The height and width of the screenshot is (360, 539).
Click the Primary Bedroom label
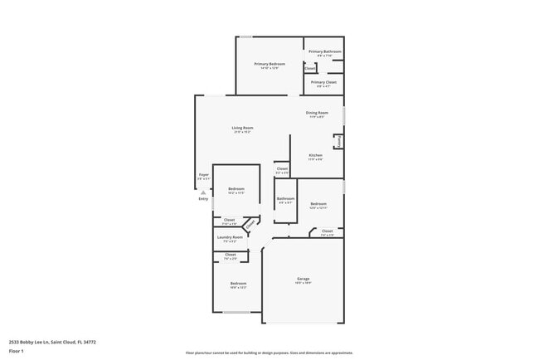click(269, 65)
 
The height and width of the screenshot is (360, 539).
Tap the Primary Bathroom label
click(324, 52)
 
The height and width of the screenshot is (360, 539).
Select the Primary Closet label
click(323, 82)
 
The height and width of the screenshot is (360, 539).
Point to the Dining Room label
click(317, 113)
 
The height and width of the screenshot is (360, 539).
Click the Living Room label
click(242, 128)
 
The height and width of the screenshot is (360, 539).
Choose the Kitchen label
click(315, 156)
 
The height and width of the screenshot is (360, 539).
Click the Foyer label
click(203, 175)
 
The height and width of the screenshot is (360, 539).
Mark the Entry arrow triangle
click(203, 192)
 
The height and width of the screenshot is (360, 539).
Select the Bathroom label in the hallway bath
click(285, 198)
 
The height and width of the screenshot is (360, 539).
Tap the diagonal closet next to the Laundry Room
click(249, 223)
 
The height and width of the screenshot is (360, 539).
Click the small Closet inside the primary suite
click(309, 68)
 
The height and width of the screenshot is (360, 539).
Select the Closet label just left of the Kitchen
click(282, 169)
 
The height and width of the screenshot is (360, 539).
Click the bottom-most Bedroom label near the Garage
click(238, 284)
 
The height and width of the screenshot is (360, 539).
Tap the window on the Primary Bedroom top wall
click(246, 36)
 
